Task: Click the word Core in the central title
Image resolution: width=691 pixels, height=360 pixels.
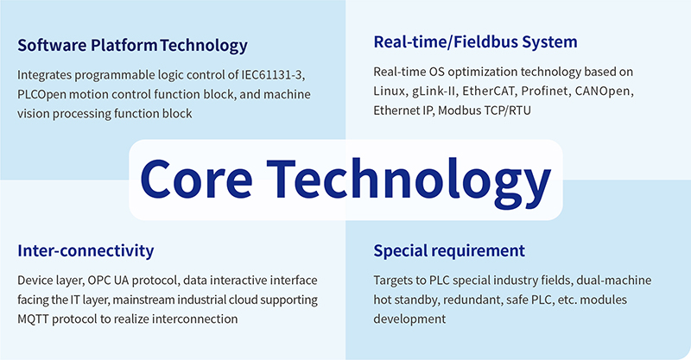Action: (x=196, y=179)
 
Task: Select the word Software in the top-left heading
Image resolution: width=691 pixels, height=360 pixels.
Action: (x=53, y=46)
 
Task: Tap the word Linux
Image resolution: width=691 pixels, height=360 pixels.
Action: (x=390, y=92)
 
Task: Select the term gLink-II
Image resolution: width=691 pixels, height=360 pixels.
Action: (x=434, y=92)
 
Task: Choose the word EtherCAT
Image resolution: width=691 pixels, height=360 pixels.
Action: (x=488, y=92)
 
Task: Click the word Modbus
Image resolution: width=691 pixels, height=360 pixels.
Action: (x=459, y=111)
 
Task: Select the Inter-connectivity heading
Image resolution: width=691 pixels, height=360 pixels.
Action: (x=86, y=250)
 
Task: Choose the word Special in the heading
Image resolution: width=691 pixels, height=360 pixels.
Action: (x=400, y=251)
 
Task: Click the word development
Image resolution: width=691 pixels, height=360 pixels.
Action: (x=409, y=319)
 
